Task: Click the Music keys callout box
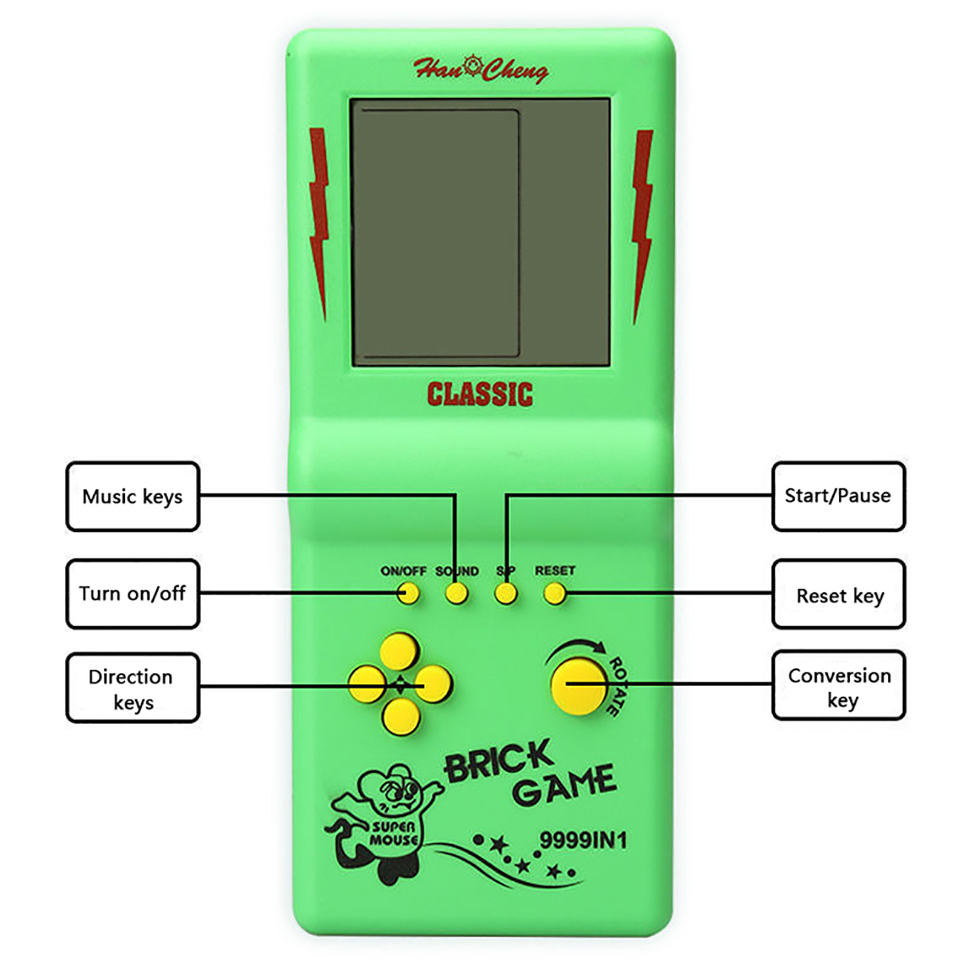click(133, 497)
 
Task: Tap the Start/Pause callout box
click(838, 496)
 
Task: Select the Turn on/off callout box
click(133, 594)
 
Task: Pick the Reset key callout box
click(838, 595)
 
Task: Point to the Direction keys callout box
click(133, 688)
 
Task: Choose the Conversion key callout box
click(838, 686)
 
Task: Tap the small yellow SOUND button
click(457, 593)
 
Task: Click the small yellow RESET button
click(554, 594)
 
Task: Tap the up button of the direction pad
click(399, 650)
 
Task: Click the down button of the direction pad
click(401, 716)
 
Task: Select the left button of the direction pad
click(367, 684)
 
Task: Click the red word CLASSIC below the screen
click(480, 394)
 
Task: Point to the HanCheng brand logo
click(481, 69)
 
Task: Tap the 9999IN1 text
click(583, 841)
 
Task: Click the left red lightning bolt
click(319, 221)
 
